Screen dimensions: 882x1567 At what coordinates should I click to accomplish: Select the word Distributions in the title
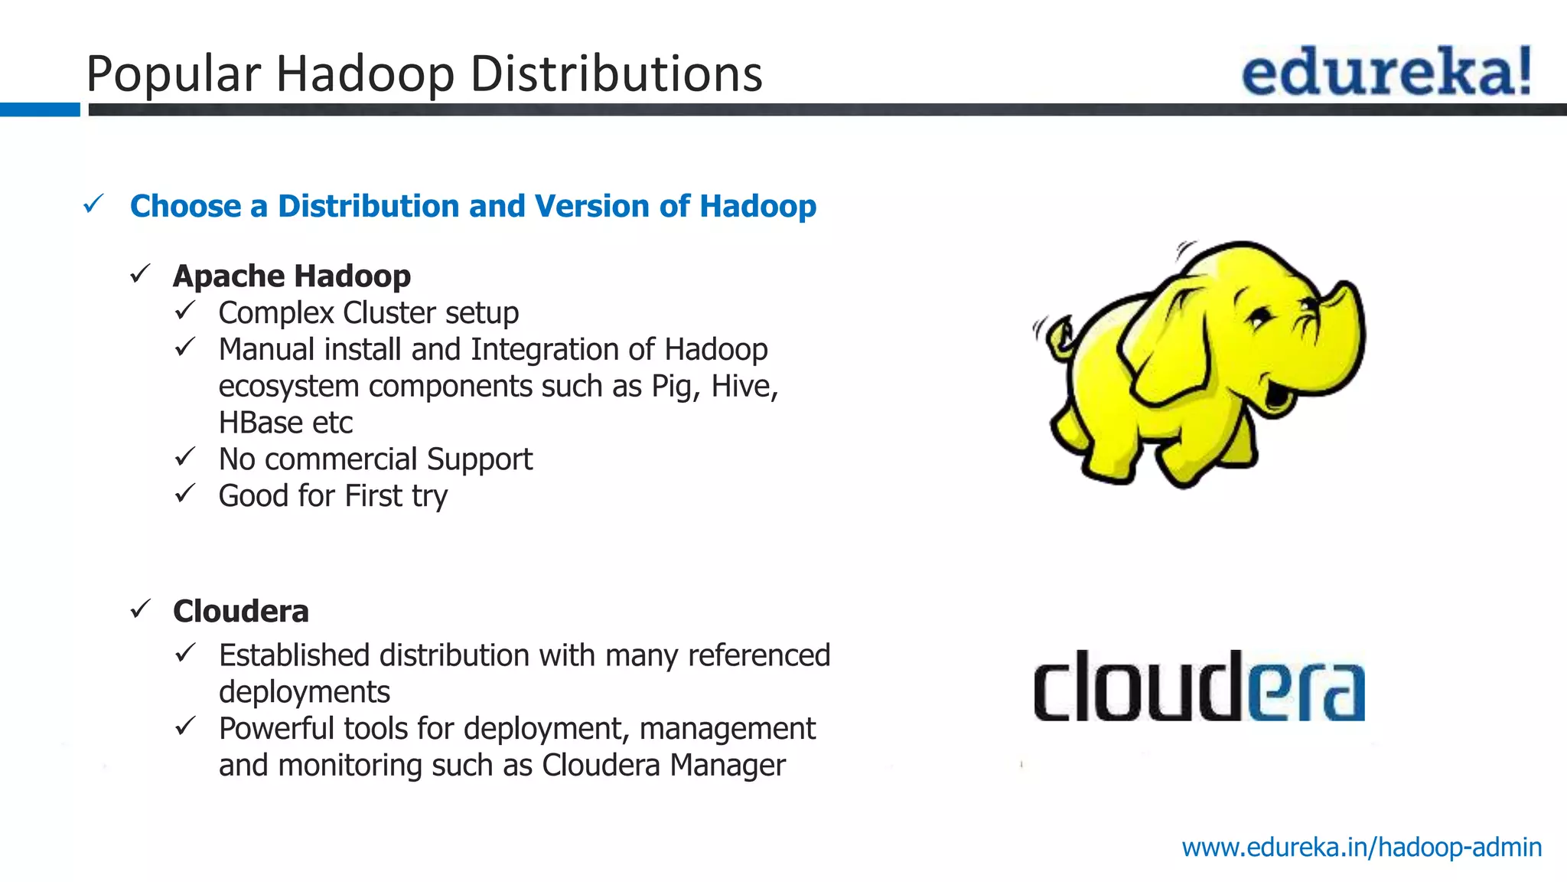[x=616, y=74]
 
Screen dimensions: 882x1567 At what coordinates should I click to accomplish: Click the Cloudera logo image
[x=1198, y=686]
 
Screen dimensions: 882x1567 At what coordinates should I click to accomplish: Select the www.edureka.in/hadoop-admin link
[x=1361, y=848]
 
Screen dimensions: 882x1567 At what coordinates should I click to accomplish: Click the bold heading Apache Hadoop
[x=292, y=276]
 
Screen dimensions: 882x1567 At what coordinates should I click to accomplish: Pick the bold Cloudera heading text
[x=241, y=612]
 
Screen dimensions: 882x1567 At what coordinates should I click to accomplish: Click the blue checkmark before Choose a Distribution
[x=93, y=204]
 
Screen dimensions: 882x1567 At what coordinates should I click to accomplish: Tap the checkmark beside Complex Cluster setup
[x=185, y=311]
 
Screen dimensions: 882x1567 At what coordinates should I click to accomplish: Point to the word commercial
[x=340, y=459]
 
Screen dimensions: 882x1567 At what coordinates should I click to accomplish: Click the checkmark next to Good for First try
[x=185, y=494]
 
